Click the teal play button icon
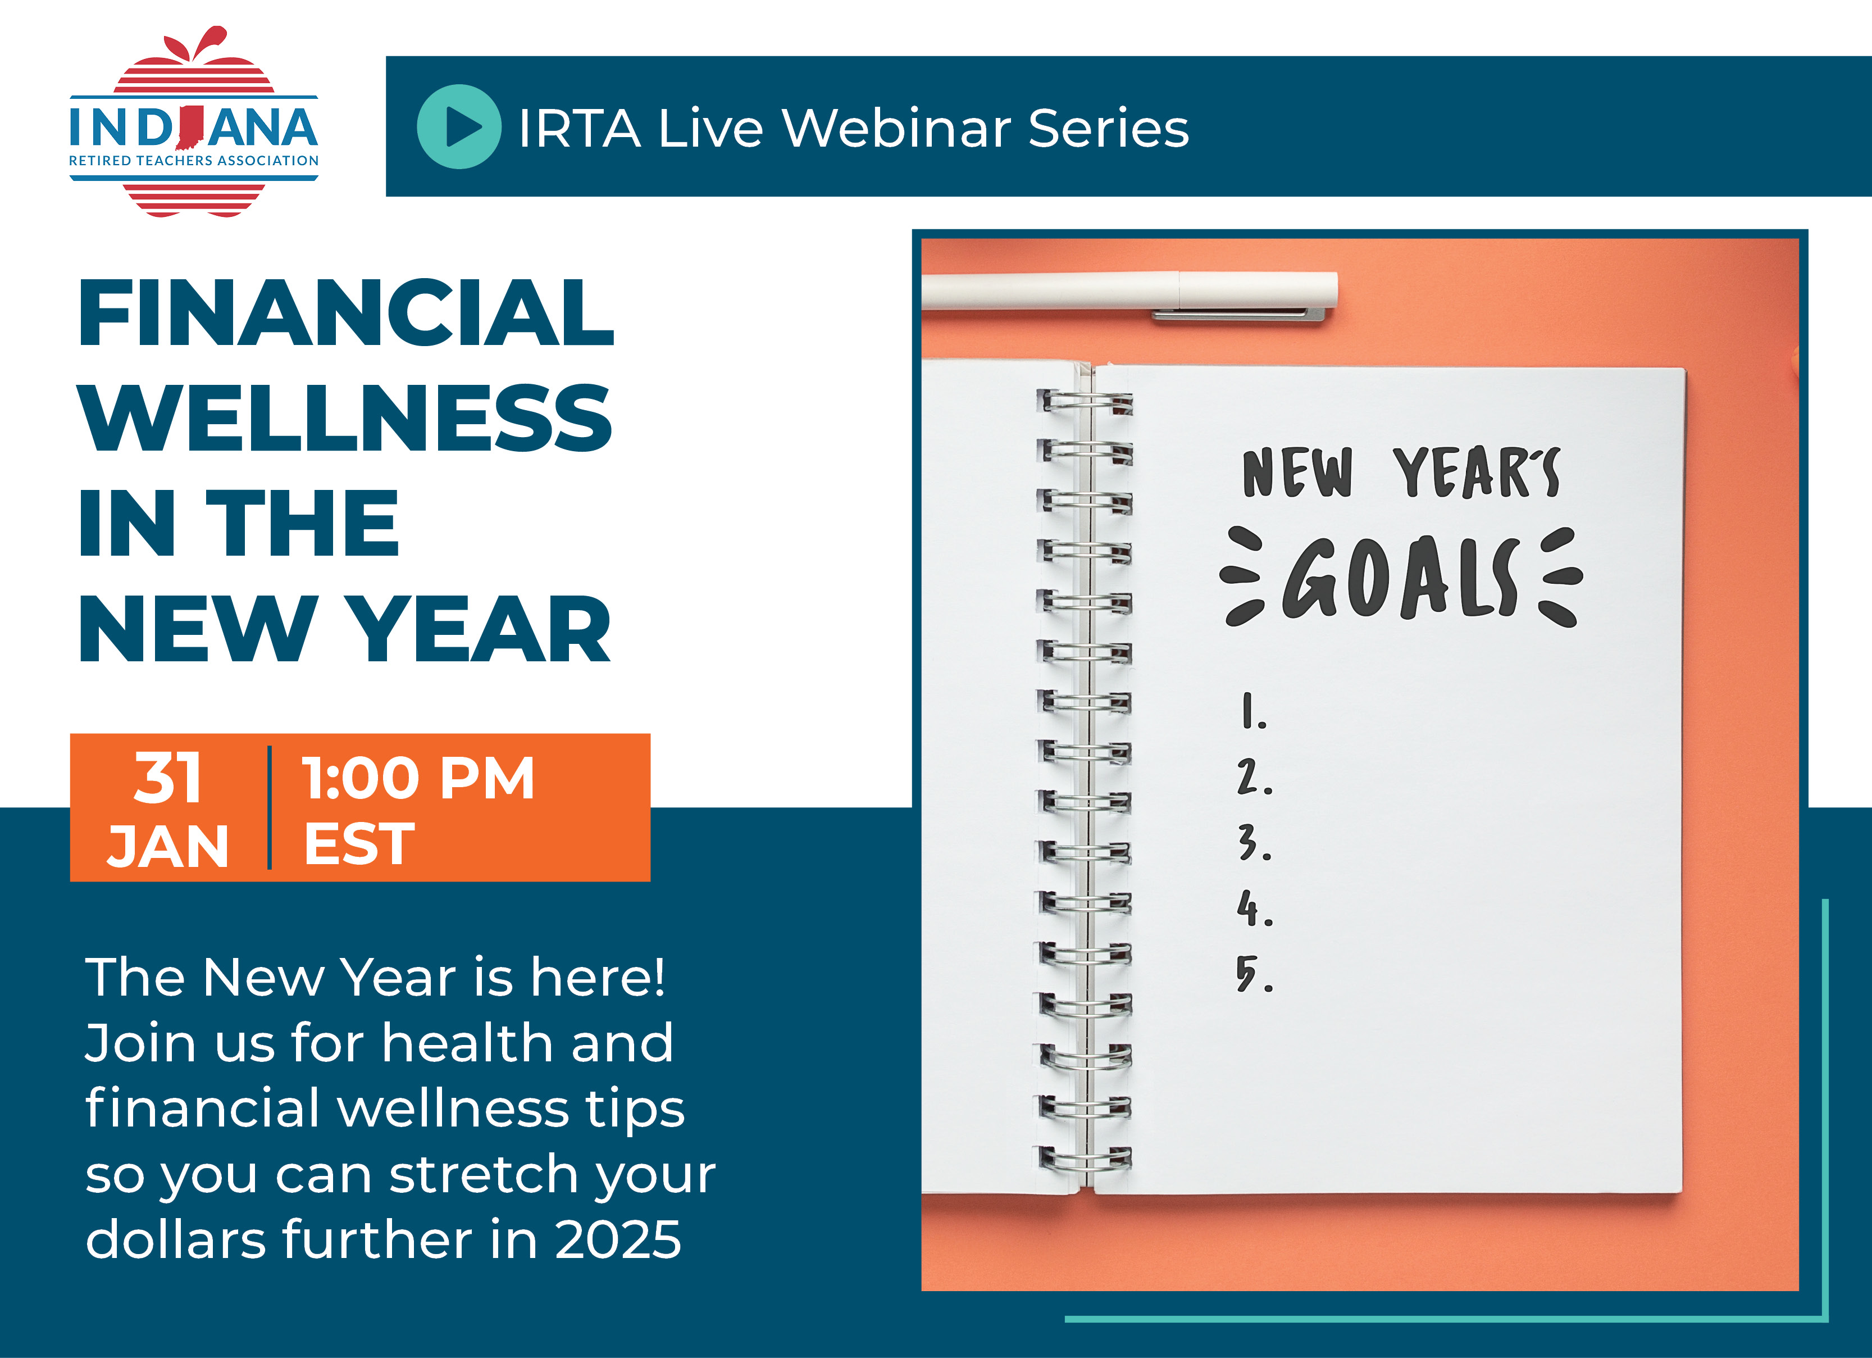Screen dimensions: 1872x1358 [459, 127]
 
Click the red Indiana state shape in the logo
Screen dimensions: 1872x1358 [190, 129]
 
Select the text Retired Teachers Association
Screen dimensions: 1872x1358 [194, 160]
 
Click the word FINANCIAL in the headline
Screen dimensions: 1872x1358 [346, 313]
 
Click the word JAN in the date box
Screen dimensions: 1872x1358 [167, 846]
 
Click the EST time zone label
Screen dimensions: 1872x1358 [359, 844]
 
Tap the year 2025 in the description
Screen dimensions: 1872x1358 [618, 1240]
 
